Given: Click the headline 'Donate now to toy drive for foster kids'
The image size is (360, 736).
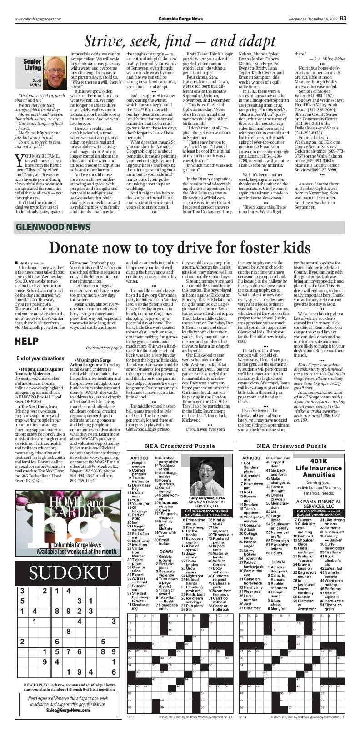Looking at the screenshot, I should (180, 246).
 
